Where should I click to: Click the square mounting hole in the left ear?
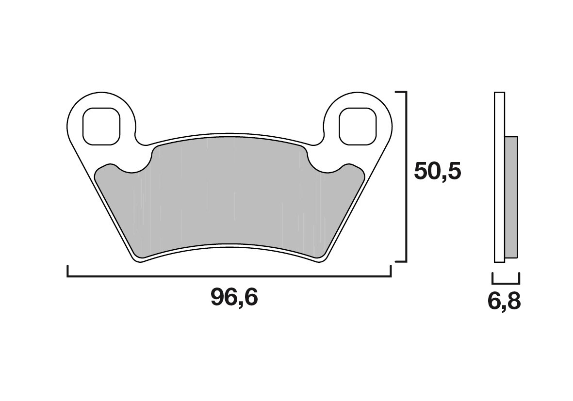(x=101, y=126)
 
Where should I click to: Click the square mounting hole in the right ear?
(x=358, y=126)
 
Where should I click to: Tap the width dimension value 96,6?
(x=234, y=297)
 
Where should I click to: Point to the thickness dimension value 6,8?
(x=504, y=301)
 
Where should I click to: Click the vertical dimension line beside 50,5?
(x=405, y=176)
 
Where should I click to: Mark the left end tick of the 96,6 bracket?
(x=68, y=271)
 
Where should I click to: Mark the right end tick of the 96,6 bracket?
(x=391, y=271)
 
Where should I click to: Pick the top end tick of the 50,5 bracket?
(x=400, y=92)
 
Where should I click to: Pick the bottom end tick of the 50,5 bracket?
(x=400, y=261)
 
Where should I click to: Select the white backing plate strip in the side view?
(x=499, y=177)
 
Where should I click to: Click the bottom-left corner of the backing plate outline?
(x=137, y=261)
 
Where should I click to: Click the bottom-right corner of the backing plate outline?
(x=321, y=261)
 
